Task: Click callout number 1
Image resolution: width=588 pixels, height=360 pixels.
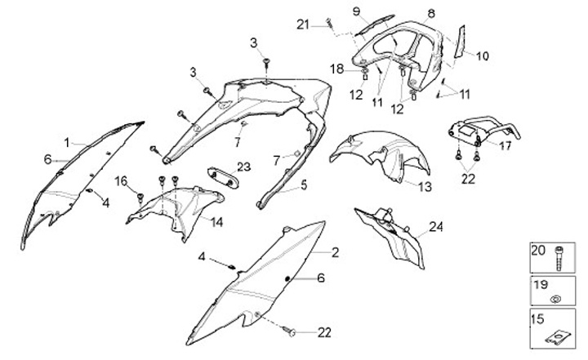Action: point(67,141)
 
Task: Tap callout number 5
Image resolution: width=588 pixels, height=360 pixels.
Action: point(303,185)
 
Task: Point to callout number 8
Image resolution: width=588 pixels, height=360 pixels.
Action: point(431,12)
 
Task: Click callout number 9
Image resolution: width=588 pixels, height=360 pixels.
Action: point(356,10)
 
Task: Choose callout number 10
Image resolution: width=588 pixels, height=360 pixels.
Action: point(482,56)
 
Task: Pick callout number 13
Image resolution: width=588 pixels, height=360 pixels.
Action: point(425,187)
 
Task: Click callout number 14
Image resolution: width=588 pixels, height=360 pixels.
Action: point(216,221)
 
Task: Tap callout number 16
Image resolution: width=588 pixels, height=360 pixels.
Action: point(121,180)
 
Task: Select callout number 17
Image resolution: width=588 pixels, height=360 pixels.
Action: point(506,147)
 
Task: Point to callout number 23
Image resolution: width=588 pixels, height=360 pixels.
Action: point(243,167)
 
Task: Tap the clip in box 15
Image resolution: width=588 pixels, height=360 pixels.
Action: point(557,334)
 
